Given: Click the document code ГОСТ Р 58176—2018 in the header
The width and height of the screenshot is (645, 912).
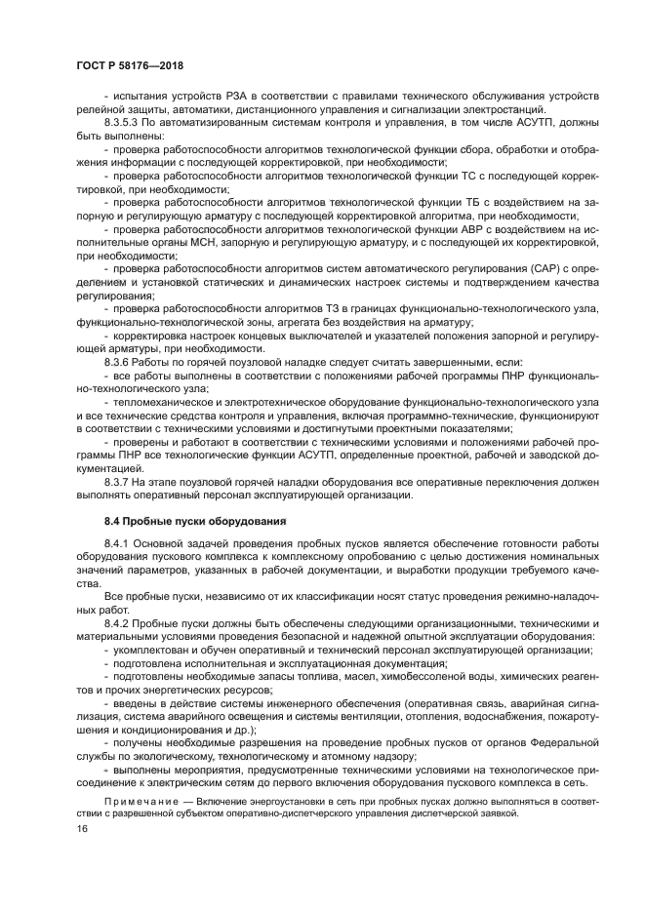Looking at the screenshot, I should coord(130,65).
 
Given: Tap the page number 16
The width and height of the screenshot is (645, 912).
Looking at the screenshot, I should coord(83,828).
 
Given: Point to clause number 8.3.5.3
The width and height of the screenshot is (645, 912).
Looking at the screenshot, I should coord(124,124).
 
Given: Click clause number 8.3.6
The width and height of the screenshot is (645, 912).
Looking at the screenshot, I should coord(117,361).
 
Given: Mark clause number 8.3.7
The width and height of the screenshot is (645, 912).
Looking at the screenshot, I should coord(117,481).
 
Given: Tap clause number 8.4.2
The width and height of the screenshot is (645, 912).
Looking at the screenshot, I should coord(117,621).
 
